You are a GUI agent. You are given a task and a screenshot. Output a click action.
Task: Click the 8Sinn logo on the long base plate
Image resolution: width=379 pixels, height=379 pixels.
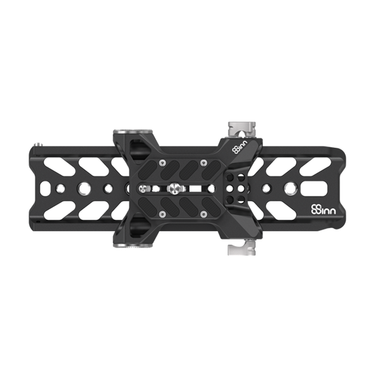click(x=323, y=209)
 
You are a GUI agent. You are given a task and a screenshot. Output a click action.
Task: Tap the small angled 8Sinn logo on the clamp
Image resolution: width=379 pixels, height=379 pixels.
click(x=240, y=147)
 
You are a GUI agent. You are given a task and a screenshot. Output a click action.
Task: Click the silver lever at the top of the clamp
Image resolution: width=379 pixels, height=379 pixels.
click(x=241, y=130)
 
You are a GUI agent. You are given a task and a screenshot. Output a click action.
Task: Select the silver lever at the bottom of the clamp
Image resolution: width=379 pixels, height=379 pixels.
click(x=241, y=247)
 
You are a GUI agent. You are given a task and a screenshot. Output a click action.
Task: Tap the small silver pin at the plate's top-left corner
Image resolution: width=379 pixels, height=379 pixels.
click(x=39, y=145)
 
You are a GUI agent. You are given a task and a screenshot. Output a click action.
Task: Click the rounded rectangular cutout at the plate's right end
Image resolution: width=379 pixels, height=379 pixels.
click(x=314, y=188)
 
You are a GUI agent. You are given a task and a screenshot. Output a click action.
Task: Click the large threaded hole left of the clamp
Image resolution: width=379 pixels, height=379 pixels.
click(x=83, y=188)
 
